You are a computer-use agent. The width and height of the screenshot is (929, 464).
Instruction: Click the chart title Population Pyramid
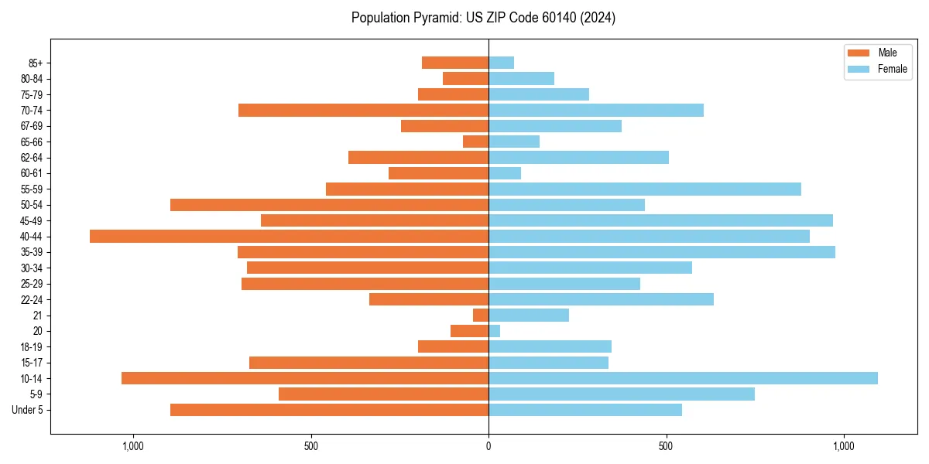tap(483, 18)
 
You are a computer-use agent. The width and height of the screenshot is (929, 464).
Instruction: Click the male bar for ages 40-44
tap(289, 236)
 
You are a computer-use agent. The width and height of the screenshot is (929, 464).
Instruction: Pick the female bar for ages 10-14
tap(683, 378)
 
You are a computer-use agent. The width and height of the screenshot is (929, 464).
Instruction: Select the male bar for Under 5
tap(329, 410)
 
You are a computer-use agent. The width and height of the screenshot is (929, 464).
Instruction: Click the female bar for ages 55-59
tap(645, 189)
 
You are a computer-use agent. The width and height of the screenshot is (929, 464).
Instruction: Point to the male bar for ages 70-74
tap(363, 110)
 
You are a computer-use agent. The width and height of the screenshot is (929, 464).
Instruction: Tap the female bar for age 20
tap(494, 331)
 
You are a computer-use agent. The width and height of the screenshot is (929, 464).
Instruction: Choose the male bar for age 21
tap(481, 315)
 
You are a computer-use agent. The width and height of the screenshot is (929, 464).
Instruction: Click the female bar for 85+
tap(501, 63)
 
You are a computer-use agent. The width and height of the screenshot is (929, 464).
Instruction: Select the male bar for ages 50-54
tap(329, 205)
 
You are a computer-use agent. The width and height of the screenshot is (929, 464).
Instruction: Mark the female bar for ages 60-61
tap(505, 173)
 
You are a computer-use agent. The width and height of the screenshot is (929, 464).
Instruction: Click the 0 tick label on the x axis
tap(488, 446)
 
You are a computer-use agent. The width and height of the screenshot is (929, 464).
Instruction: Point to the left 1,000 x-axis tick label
tap(133, 446)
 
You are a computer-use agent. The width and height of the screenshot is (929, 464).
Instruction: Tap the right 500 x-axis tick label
tap(666, 446)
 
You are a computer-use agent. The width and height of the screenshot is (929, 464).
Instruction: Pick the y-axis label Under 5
tap(28, 410)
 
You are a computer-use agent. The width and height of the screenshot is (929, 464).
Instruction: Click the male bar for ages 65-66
tap(475, 142)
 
